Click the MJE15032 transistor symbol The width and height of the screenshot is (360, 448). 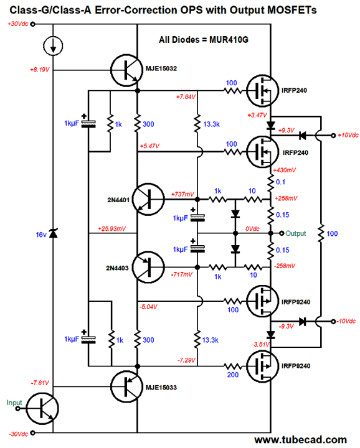point(126,70)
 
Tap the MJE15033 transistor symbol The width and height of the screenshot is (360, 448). point(126,386)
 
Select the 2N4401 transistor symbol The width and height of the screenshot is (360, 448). point(148,199)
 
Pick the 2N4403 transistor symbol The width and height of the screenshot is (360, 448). point(148,267)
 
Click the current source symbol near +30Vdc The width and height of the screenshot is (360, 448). point(53,45)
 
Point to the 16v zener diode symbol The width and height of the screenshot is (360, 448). point(53,233)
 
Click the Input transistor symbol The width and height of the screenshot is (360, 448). point(42,409)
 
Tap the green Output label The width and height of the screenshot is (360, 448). point(296,233)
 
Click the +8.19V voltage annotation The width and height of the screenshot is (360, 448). point(40,70)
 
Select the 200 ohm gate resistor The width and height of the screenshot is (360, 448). point(233,366)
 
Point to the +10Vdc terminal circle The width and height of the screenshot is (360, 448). point(333,136)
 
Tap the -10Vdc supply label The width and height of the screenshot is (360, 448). point(346,321)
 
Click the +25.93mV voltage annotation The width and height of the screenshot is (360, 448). point(112,228)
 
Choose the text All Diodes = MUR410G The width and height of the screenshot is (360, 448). point(204,39)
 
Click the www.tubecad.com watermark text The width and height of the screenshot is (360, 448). point(301,440)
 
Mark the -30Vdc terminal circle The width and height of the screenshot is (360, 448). point(32,433)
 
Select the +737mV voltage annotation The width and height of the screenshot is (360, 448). point(182,194)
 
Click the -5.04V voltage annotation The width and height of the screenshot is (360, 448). point(148,307)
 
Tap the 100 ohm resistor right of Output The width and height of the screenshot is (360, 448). point(321,233)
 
